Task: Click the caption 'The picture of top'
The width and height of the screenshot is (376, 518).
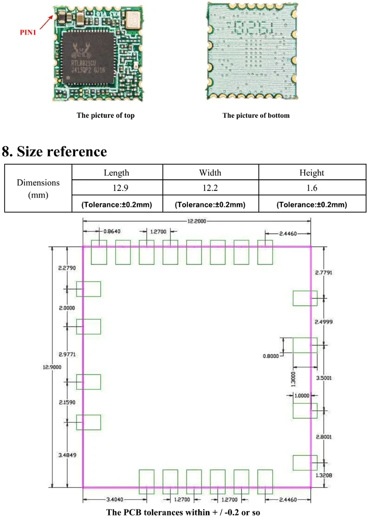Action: (x=105, y=116)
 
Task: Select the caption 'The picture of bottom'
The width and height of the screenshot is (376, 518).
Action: (x=256, y=116)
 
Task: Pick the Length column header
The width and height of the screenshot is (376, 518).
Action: (x=116, y=173)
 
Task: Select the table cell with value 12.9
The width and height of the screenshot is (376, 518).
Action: (x=116, y=188)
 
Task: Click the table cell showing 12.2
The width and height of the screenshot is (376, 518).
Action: (x=210, y=188)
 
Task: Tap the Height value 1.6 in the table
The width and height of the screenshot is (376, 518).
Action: (x=311, y=188)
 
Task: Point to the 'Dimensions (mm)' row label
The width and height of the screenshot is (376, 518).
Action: (x=38, y=188)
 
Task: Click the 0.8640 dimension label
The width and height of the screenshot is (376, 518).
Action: (x=111, y=231)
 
